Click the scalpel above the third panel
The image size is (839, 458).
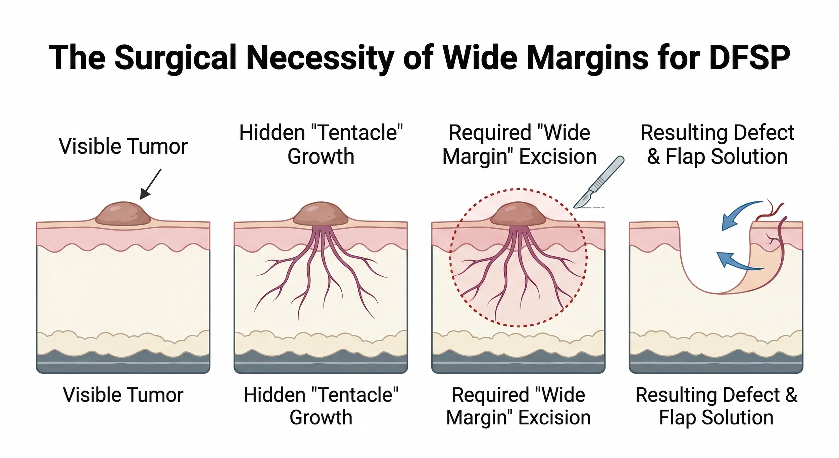click(x=599, y=183)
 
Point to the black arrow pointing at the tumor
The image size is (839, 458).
click(x=151, y=184)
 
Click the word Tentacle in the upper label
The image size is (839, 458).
click(x=360, y=133)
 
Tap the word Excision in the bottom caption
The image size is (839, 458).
click(x=554, y=418)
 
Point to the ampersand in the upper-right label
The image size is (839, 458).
click(x=653, y=157)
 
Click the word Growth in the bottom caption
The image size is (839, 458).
click(x=321, y=418)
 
